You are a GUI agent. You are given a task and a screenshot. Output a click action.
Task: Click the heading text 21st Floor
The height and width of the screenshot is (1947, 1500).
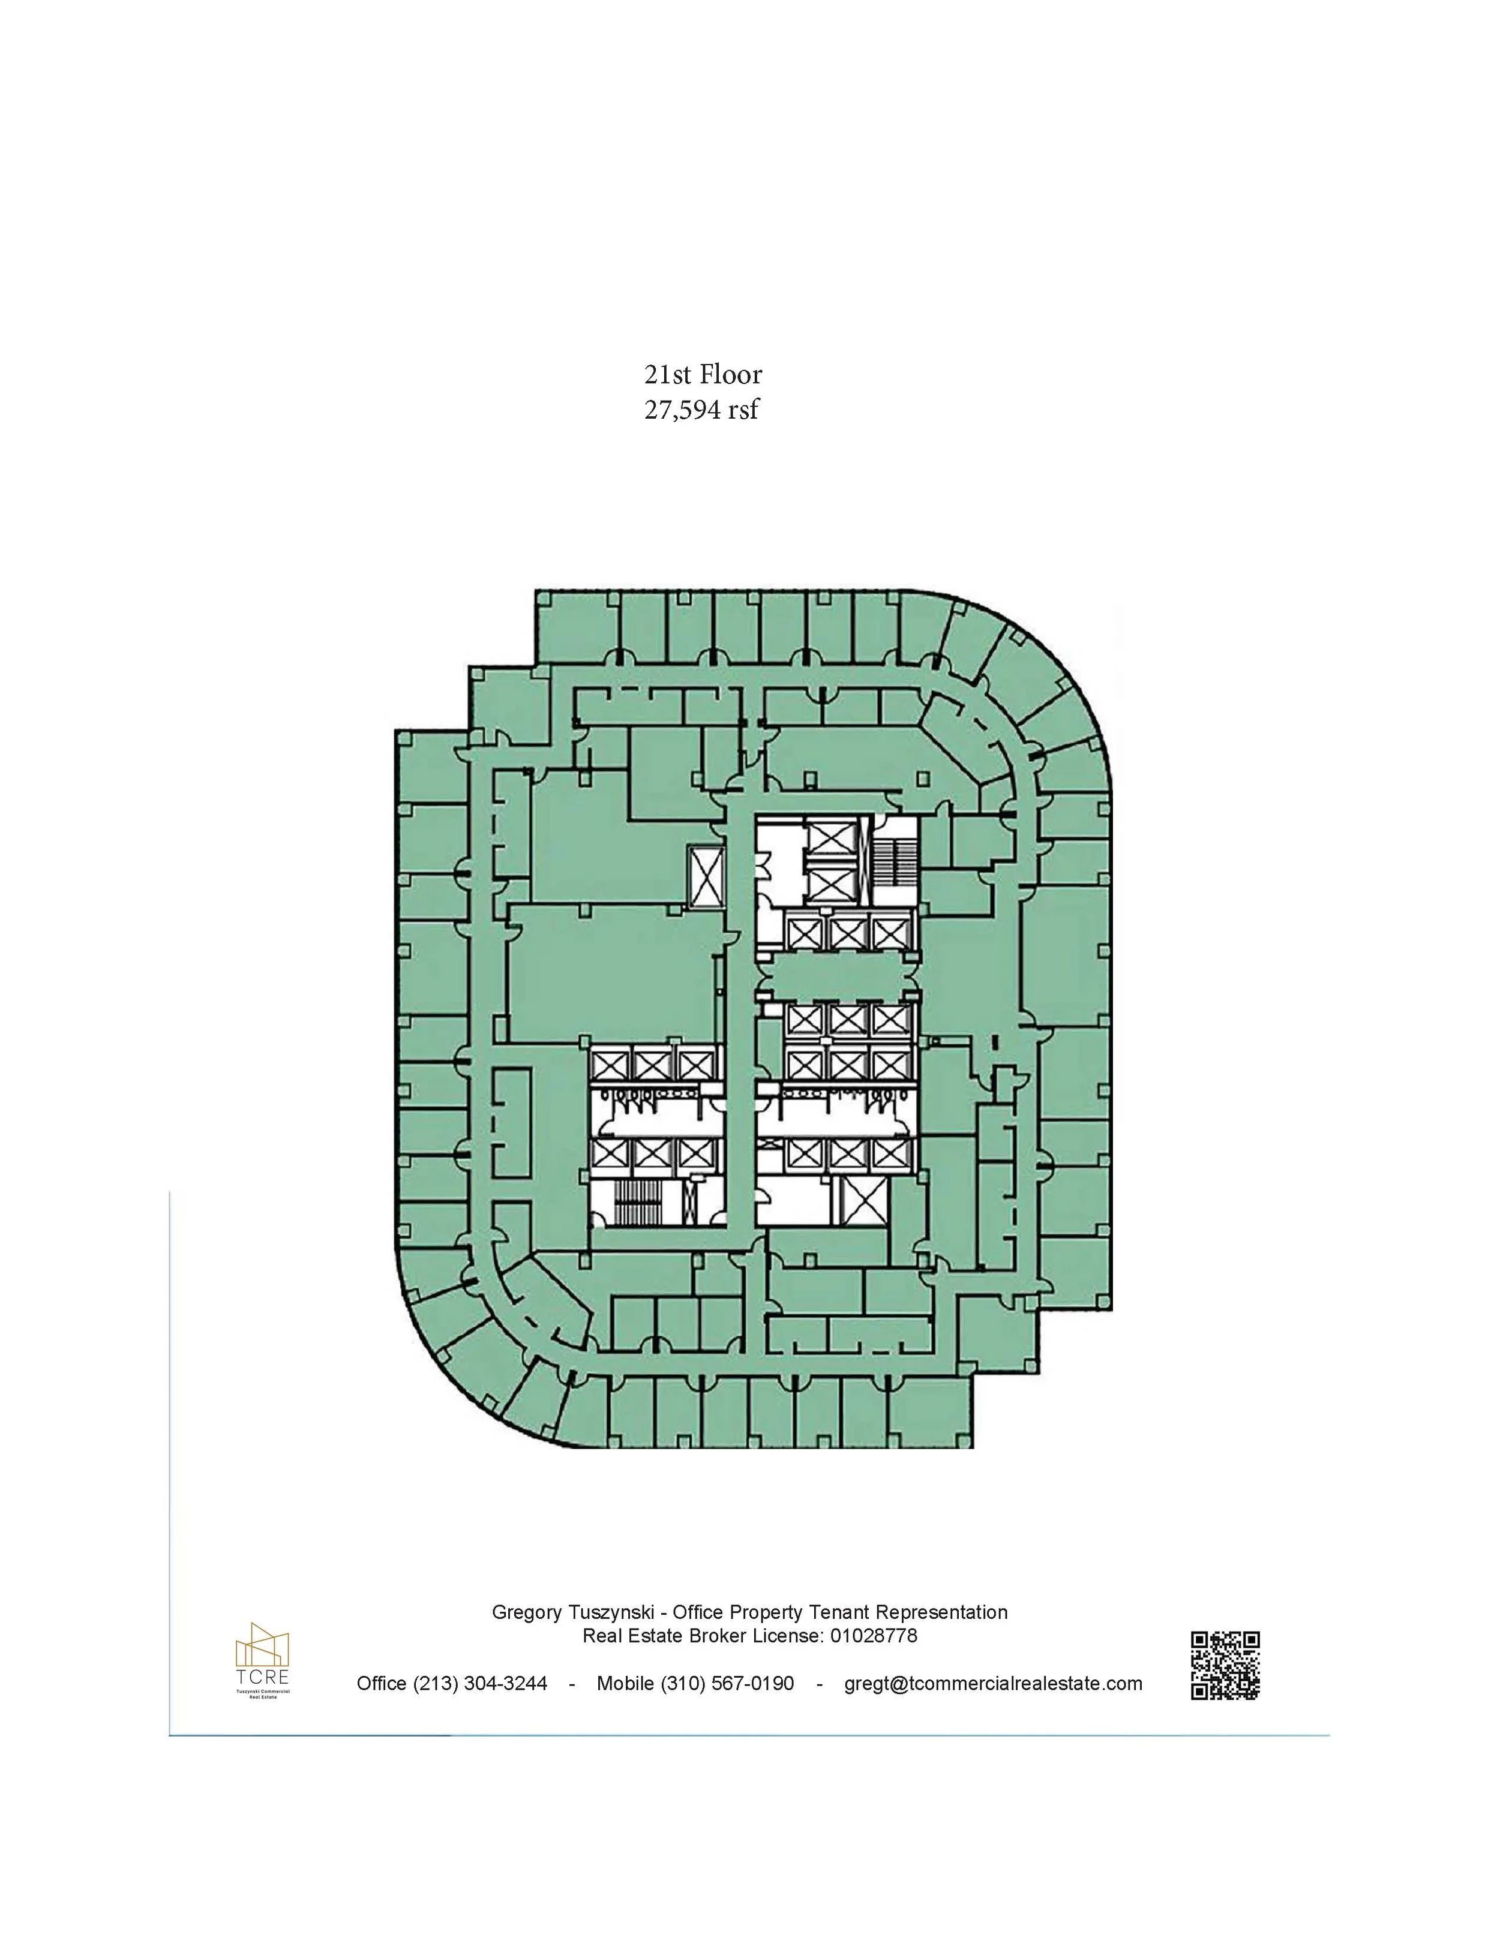[x=703, y=374]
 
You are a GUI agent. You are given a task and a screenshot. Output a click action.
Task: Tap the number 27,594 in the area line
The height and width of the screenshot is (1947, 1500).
[x=682, y=410]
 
